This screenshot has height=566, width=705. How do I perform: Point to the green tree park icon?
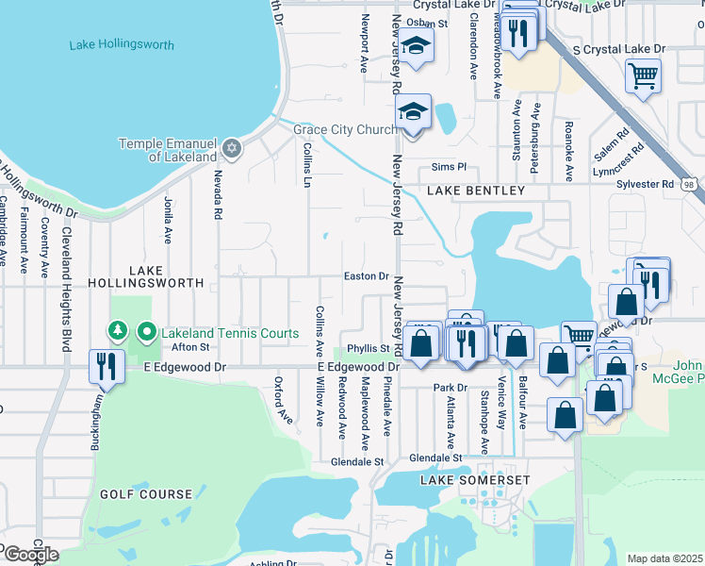point(118,332)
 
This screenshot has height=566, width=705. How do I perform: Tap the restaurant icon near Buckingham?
point(104,366)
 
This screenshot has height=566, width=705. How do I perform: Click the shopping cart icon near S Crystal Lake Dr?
point(643,75)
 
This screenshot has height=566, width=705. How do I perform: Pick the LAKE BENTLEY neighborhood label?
point(475,191)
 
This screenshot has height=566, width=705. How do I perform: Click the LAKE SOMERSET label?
point(475,480)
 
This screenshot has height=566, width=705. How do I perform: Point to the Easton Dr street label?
point(366,276)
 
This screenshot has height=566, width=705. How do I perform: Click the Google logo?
point(30,555)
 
